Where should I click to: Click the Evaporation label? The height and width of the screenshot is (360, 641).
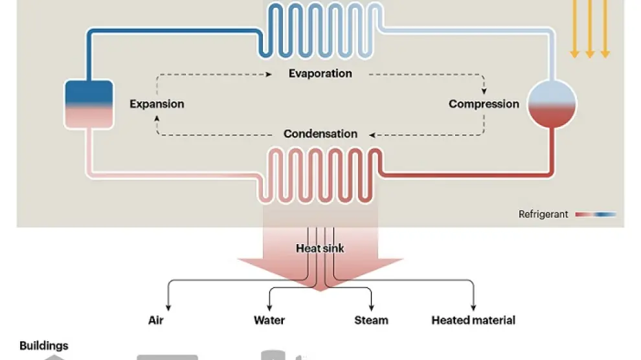[x=320, y=73]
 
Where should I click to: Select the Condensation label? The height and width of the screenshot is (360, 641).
[x=320, y=134]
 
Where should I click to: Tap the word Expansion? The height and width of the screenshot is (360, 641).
[x=157, y=104]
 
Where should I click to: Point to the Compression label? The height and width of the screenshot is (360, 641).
[x=484, y=104]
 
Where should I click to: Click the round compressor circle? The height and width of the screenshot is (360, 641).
[x=552, y=104]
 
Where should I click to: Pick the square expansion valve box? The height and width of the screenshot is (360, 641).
[x=89, y=103]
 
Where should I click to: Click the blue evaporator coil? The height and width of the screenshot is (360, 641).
[x=320, y=29]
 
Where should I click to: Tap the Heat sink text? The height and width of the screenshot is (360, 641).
[x=320, y=248]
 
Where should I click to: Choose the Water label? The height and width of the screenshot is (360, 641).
[x=269, y=320]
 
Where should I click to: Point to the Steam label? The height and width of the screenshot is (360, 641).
[x=371, y=320]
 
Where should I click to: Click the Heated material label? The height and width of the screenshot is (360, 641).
[x=473, y=320]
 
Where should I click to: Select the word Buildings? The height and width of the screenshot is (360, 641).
[x=44, y=346]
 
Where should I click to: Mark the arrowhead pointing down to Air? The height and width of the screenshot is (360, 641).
[x=168, y=304]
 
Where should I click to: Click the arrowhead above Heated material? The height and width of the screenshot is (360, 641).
[x=473, y=304]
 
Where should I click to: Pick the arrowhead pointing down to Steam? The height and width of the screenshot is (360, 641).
[x=372, y=304]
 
